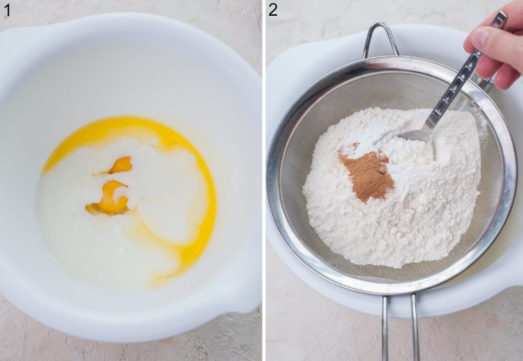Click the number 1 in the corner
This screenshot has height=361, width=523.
[x=7, y=9]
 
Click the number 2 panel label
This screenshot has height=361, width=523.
[x=273, y=9]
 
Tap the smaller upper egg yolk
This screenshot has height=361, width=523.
[x=121, y=165]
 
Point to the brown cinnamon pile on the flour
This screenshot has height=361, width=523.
[x=368, y=175]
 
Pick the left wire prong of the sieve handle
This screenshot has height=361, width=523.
[x=384, y=327]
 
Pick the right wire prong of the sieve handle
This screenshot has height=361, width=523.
[x=415, y=327]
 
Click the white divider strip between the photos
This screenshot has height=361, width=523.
[x=264, y=180]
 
